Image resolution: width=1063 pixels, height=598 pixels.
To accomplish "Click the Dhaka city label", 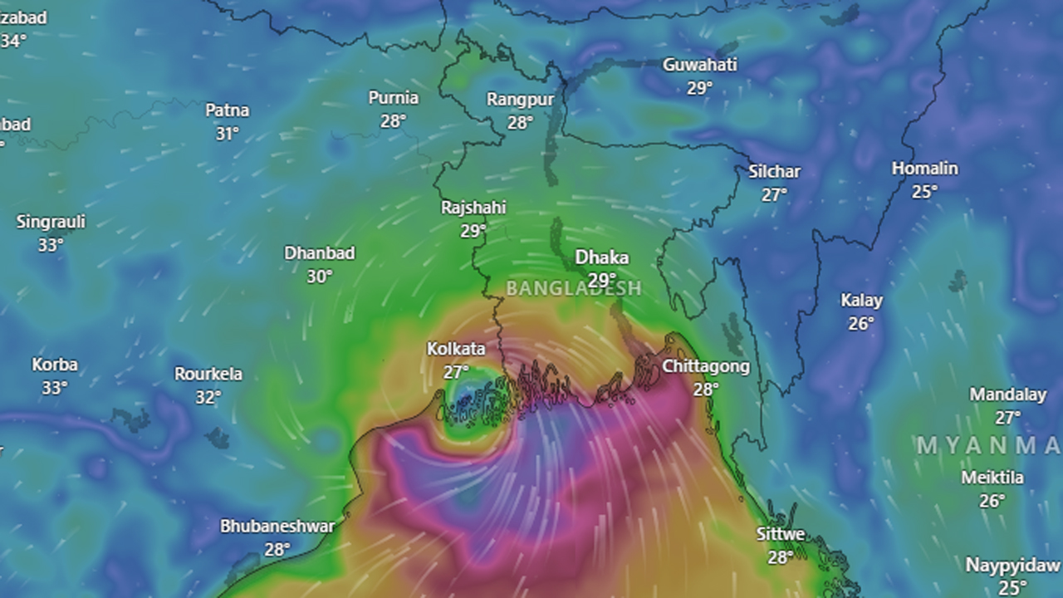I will click(x=602, y=257).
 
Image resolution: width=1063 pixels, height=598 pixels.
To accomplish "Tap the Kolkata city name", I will click(x=456, y=349).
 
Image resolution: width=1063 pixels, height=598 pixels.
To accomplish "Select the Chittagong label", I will click(x=706, y=366).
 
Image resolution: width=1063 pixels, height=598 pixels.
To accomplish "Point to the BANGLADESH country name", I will click(x=574, y=288).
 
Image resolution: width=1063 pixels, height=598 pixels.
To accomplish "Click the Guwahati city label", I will click(x=699, y=65).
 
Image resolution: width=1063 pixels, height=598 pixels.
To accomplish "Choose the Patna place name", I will click(x=228, y=110).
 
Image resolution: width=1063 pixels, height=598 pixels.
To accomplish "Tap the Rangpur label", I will click(x=520, y=100).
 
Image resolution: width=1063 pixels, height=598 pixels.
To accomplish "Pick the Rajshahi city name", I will click(x=473, y=208).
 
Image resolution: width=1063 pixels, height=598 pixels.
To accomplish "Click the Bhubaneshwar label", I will click(x=277, y=527).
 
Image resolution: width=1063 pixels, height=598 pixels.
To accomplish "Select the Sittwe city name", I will click(x=780, y=534).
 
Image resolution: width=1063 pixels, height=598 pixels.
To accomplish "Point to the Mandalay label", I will click(x=1007, y=395).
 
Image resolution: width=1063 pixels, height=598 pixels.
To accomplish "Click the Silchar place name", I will click(x=774, y=172).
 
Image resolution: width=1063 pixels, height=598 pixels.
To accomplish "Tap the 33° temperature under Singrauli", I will click(x=51, y=245).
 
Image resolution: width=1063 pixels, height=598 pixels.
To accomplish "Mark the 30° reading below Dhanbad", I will click(x=320, y=277).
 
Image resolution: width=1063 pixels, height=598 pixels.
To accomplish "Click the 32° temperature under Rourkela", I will click(x=208, y=398).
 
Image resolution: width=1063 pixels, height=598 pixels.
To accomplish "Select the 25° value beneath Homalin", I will click(x=924, y=192).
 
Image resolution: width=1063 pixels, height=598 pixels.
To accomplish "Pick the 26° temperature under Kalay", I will click(x=861, y=324).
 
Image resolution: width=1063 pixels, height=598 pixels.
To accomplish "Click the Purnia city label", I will click(x=394, y=98).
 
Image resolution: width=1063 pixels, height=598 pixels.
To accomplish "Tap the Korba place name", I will click(x=55, y=365).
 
